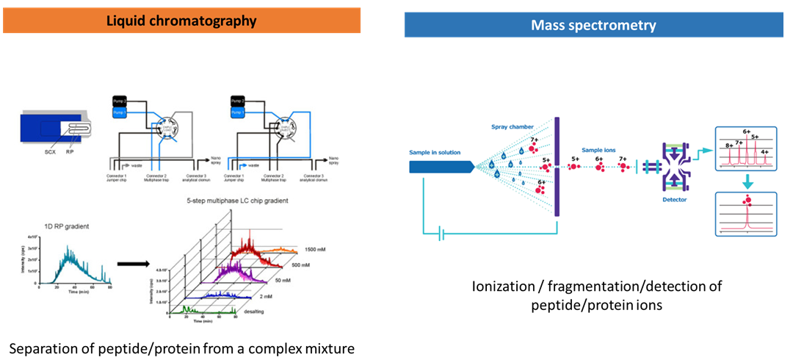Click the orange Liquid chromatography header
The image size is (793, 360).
tap(181, 21)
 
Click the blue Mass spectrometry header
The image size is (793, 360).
tap(593, 25)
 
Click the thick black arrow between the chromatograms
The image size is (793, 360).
tap(124, 264)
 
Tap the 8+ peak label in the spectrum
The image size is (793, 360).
tap(729, 145)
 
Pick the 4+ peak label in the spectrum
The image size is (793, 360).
tap(765, 152)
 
